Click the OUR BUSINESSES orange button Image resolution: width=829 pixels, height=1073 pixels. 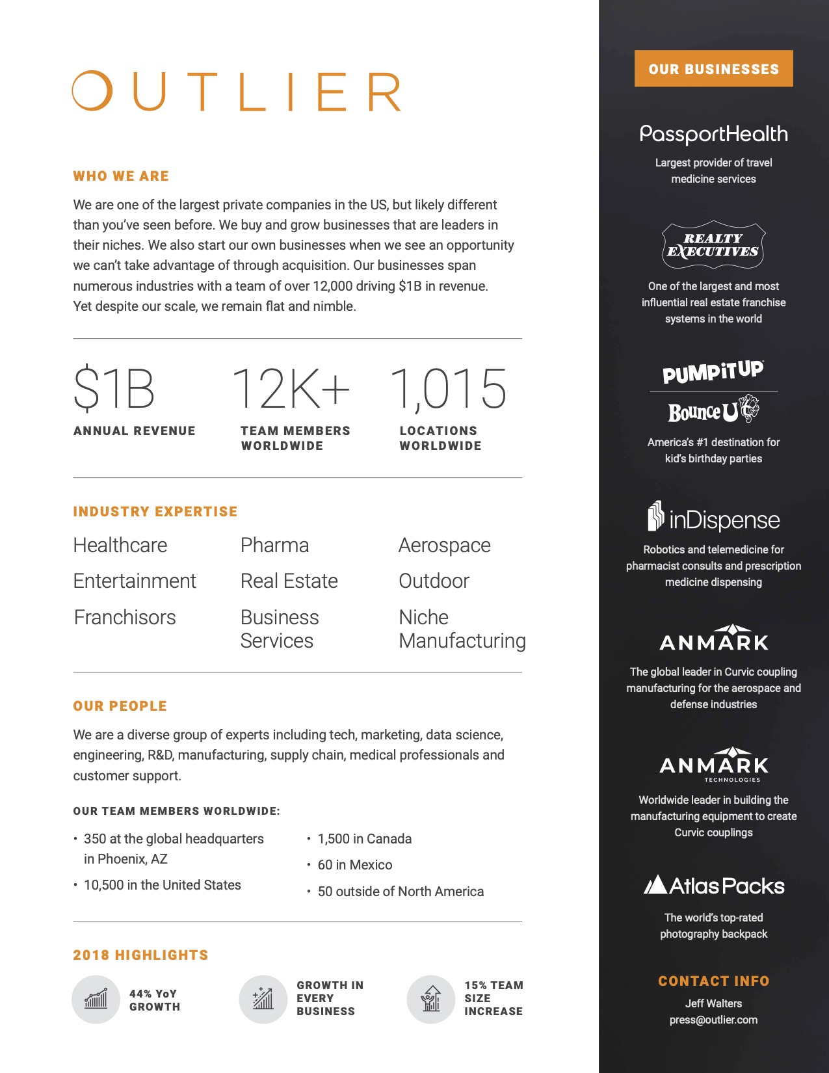pyautogui.click(x=713, y=68)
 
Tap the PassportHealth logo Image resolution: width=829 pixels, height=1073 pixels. pyautogui.click(x=713, y=134)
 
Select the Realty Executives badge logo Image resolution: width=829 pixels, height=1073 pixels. pyautogui.click(x=713, y=245)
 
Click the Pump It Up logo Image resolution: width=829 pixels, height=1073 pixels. pyautogui.click(x=713, y=372)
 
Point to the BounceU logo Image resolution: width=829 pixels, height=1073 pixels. pyautogui.click(x=713, y=411)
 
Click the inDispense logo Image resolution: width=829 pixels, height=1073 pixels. pyautogui.click(x=713, y=519)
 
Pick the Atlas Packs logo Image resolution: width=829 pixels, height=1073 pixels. pyautogui.click(x=713, y=886)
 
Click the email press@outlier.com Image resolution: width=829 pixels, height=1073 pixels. pyautogui.click(x=713, y=1020)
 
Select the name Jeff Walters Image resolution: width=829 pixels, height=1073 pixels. pyautogui.click(x=713, y=1003)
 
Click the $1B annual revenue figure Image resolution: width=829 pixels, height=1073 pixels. pyautogui.click(x=114, y=389)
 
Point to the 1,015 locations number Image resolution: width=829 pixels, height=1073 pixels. pyautogui.click(x=448, y=389)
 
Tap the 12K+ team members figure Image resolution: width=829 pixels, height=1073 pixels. pyautogui.click(x=291, y=389)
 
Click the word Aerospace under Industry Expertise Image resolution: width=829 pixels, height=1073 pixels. pyautogui.click(x=444, y=545)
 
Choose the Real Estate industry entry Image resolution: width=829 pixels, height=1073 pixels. pyautogui.click(x=289, y=581)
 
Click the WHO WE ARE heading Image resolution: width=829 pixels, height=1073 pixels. pyautogui.click(x=121, y=176)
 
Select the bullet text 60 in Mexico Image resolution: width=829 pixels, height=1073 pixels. pyautogui.click(x=354, y=865)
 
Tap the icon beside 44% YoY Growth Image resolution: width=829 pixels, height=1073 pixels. pyautogui.click(x=96, y=1000)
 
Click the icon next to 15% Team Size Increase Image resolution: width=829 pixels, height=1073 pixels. pyautogui.click(x=430, y=1000)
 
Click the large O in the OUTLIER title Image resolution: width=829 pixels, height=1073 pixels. pyautogui.click(x=92, y=91)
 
